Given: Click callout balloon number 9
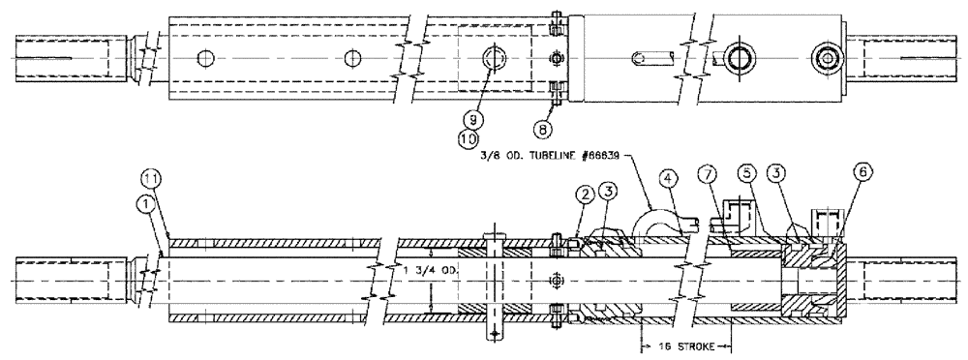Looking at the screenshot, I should (x=471, y=119).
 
